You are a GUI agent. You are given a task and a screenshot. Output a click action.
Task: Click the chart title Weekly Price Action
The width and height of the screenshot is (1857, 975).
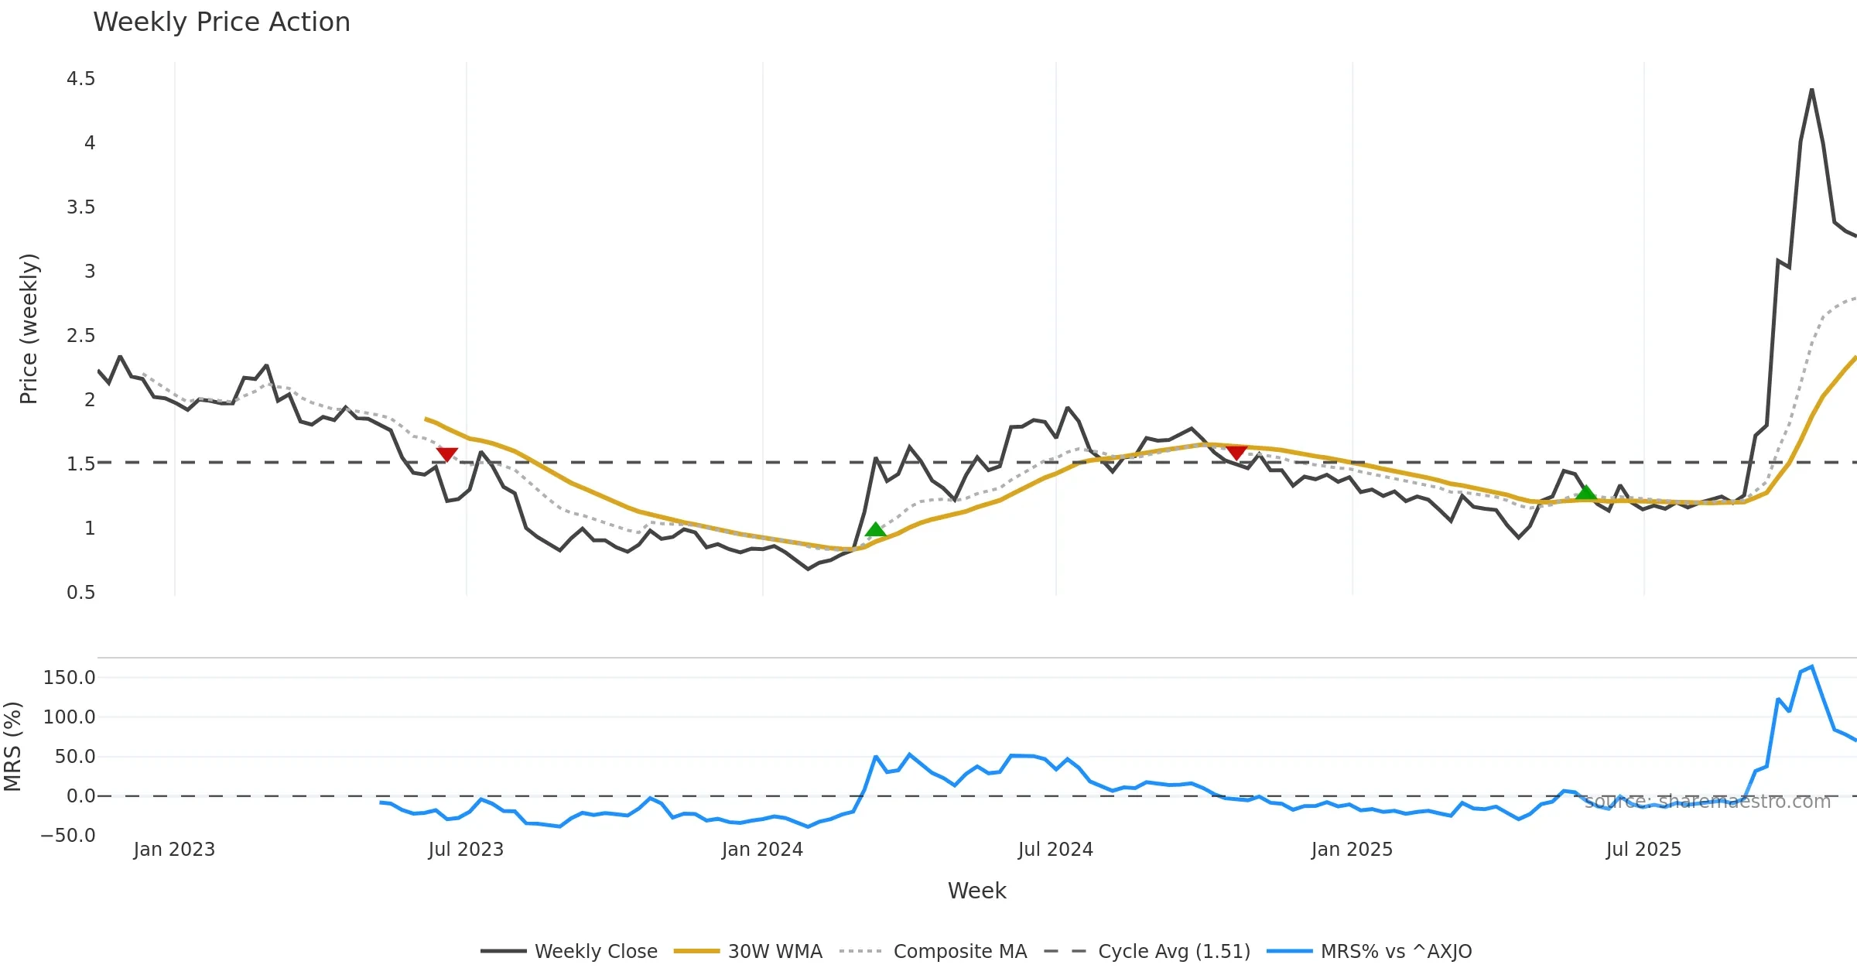point(221,22)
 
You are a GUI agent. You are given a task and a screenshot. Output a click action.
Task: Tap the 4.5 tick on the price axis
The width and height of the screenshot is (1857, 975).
point(80,79)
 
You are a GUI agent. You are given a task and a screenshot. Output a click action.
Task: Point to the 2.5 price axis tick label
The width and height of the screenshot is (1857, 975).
point(80,336)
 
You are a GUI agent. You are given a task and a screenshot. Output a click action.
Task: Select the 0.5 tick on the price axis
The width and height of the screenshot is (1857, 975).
point(80,593)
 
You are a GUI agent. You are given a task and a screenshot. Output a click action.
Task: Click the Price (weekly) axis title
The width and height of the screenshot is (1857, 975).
point(29,329)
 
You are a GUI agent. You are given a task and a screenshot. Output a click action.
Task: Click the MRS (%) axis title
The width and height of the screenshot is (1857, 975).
point(12,746)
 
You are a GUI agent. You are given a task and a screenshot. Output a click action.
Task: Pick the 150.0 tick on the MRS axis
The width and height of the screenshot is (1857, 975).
point(69,678)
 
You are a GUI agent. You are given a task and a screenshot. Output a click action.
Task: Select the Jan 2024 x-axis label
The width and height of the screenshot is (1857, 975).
point(762,850)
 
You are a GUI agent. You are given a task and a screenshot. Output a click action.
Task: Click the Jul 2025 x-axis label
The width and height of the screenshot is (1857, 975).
point(1643,850)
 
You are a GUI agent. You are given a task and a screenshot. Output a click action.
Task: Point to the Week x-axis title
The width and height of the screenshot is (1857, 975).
point(976,891)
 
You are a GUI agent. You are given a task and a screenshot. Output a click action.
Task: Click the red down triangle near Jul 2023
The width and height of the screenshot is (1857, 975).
point(447,454)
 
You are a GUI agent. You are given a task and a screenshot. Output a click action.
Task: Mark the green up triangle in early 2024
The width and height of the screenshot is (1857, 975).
point(875,530)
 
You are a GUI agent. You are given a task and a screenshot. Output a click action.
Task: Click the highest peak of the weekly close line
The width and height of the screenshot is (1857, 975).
point(1811,90)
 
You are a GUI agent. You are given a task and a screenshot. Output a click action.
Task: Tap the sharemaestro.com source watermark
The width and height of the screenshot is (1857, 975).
point(1707,802)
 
